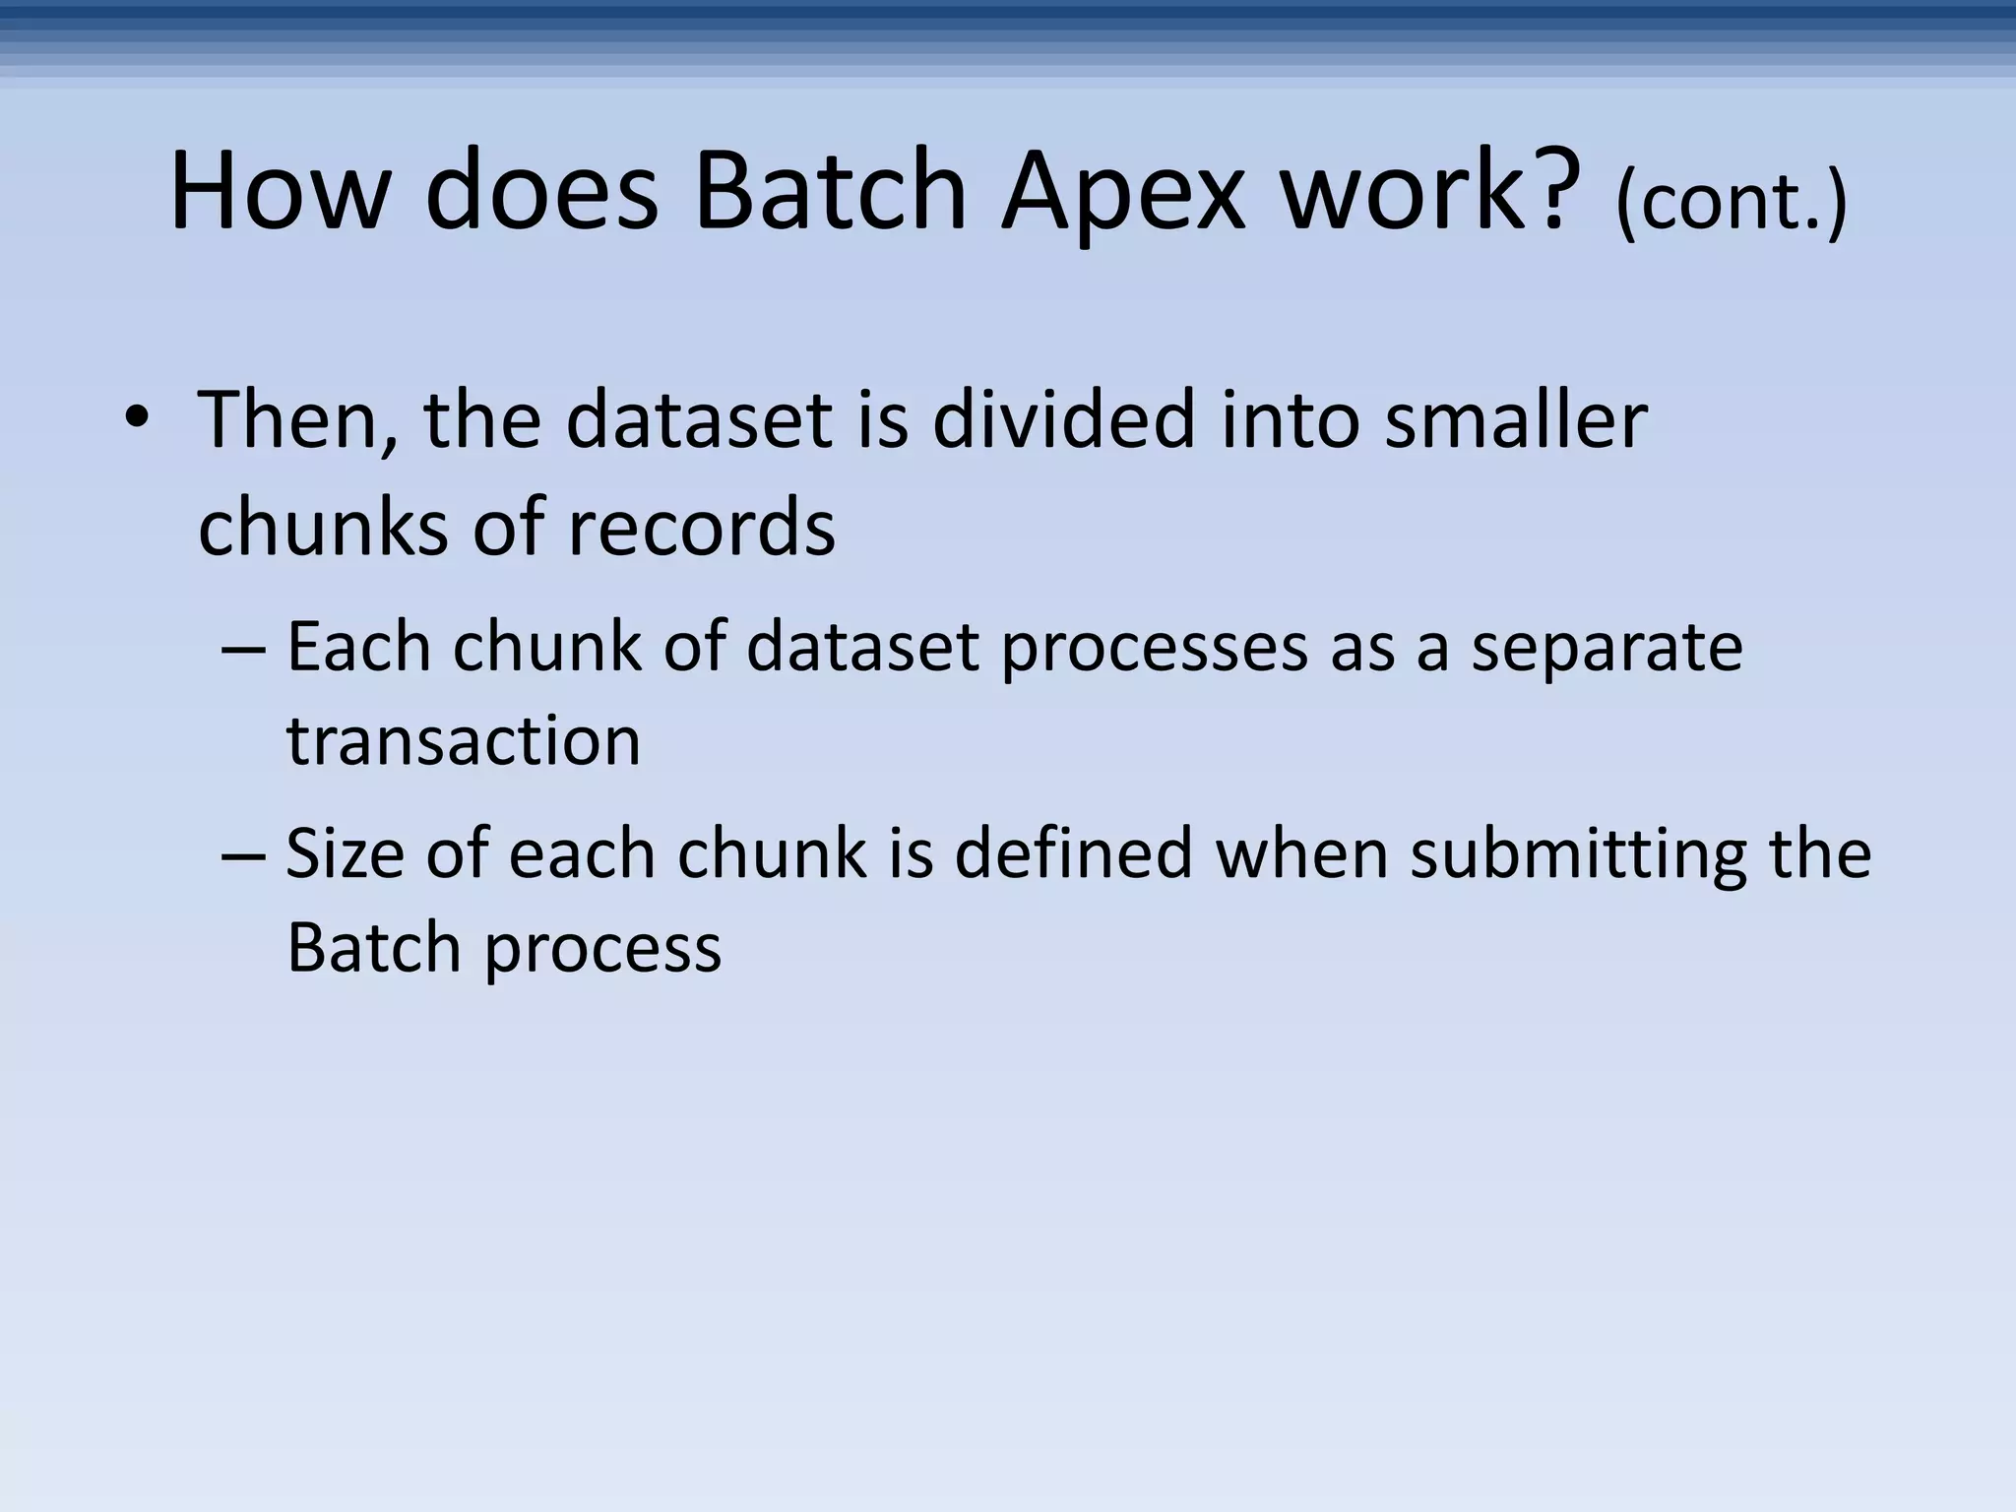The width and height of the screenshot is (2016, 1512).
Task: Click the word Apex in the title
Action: point(1123,192)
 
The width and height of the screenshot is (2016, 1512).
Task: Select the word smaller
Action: point(1515,420)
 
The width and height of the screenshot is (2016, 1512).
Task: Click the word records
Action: point(701,527)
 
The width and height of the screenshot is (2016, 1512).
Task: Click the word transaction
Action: point(464,741)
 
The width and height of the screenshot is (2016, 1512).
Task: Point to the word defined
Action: point(1073,853)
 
